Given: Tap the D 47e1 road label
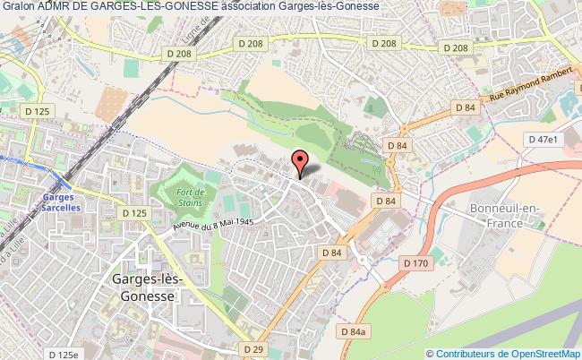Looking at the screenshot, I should (543, 140).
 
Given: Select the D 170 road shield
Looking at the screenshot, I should (415, 263).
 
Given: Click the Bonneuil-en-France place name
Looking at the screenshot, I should (504, 214).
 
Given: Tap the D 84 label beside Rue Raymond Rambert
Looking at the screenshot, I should (464, 107).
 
